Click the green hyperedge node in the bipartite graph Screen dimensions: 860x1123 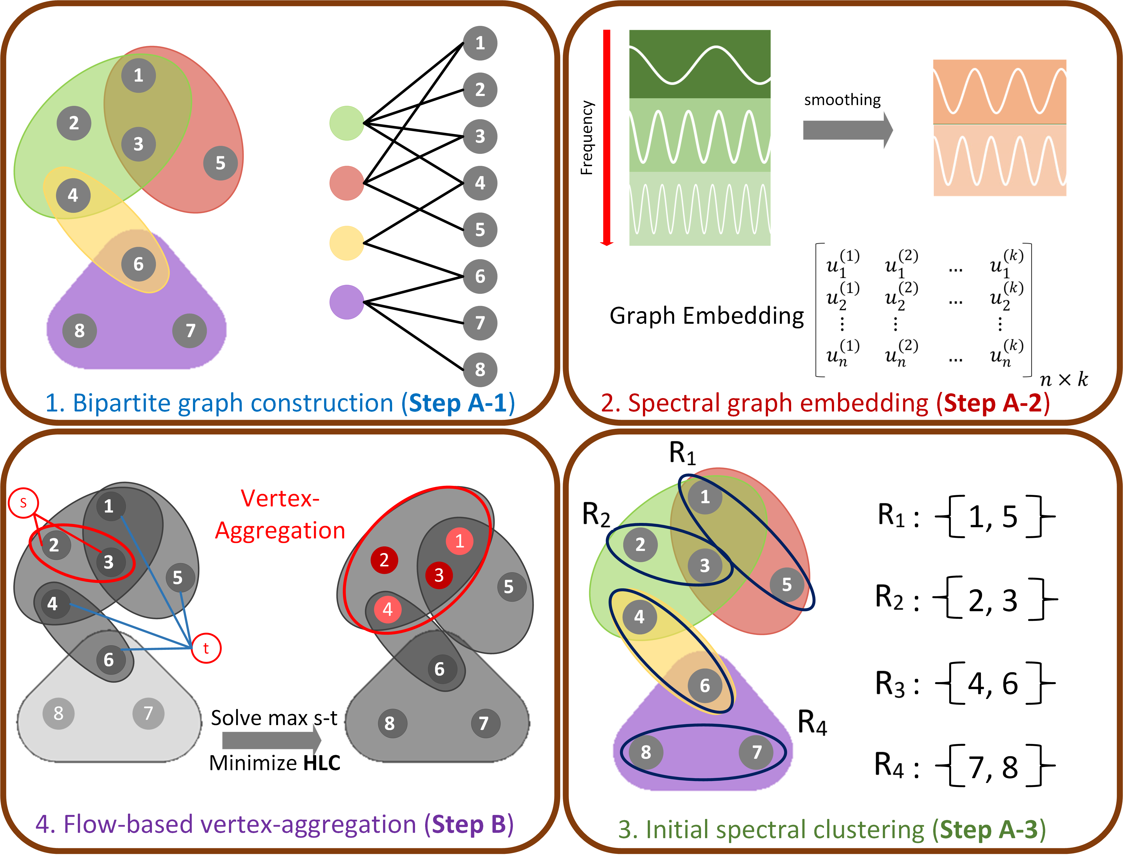[346, 123]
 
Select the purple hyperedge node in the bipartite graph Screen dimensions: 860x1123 [346, 302]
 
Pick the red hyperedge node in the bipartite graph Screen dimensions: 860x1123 [346, 183]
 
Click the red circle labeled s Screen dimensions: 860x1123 [23, 503]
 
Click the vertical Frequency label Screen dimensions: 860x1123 [587, 137]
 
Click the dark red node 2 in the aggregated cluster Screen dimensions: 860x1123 [384, 560]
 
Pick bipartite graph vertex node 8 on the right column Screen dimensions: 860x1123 [480, 369]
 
